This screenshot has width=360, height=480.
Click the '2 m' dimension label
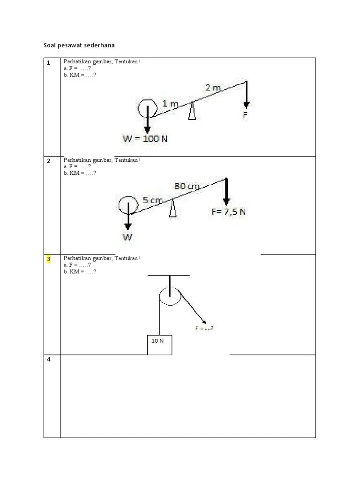[x=212, y=88]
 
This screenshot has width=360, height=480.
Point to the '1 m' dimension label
[x=170, y=104]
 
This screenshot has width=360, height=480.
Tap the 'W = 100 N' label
[x=145, y=139]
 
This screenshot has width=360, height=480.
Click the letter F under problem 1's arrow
[x=245, y=114]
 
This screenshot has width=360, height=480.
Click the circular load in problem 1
[x=147, y=108]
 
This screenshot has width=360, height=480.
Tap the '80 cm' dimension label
[x=187, y=186]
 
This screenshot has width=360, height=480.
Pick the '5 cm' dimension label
[x=153, y=200]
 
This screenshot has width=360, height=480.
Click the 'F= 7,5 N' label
[x=228, y=212]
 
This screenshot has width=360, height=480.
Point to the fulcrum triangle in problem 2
[x=173, y=208]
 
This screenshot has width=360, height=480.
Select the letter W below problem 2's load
[x=127, y=237]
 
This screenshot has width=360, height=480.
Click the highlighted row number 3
[x=48, y=259]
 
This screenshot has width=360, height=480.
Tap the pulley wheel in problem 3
[x=169, y=296]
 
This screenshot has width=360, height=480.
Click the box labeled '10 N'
[x=159, y=345]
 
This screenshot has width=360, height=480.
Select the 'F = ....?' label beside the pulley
[x=204, y=328]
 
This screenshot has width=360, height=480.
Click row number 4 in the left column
[x=48, y=360]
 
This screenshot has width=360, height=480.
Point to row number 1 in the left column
[x=48, y=63]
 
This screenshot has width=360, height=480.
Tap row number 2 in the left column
[x=48, y=161]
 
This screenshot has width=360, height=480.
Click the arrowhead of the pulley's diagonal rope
[x=204, y=322]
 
